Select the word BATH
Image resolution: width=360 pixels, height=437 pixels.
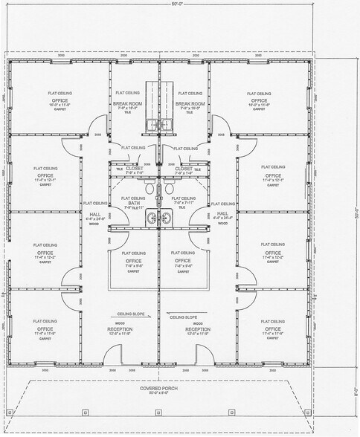coord(134,203)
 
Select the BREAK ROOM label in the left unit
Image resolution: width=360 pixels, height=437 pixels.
coord(127,103)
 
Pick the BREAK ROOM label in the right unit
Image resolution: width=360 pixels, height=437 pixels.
coord(190,103)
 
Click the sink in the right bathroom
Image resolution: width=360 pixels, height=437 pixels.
coord(166,218)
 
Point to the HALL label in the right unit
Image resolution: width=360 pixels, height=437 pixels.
coord(222,213)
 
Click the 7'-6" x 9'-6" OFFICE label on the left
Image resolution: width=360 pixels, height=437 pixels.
coord(133,261)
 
